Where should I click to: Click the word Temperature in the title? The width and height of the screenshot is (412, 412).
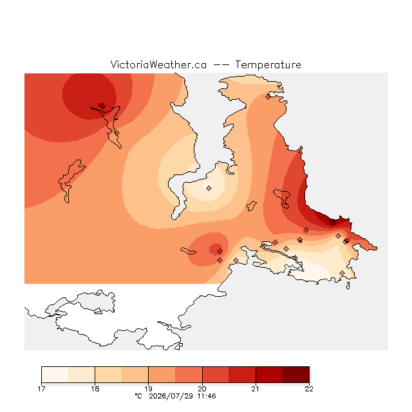(x=268, y=64)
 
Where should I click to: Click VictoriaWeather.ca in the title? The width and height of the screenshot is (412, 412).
(x=158, y=64)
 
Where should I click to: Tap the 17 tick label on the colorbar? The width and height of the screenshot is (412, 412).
(x=41, y=389)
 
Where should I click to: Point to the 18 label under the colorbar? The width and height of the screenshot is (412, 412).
(x=95, y=389)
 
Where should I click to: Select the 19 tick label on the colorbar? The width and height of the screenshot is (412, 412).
(x=149, y=389)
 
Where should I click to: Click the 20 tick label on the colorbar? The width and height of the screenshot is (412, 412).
(x=202, y=389)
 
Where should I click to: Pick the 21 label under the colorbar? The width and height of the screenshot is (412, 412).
(x=256, y=389)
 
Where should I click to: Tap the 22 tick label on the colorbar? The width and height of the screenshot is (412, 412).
(x=309, y=389)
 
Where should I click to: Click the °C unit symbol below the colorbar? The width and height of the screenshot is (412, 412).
(x=138, y=396)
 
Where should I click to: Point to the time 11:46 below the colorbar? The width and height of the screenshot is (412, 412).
(x=207, y=396)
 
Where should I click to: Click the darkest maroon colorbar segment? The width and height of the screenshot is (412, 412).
(x=295, y=375)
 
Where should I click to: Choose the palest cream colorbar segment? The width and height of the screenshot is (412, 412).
(x=55, y=375)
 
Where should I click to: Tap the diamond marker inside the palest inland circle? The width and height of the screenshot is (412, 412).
(x=209, y=188)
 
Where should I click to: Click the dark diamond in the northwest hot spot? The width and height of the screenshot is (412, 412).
(x=102, y=106)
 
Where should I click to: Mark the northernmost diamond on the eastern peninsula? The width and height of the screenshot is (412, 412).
(x=268, y=97)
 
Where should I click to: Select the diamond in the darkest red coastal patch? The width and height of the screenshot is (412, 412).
(x=333, y=223)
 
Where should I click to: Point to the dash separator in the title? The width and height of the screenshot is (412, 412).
(x=221, y=65)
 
